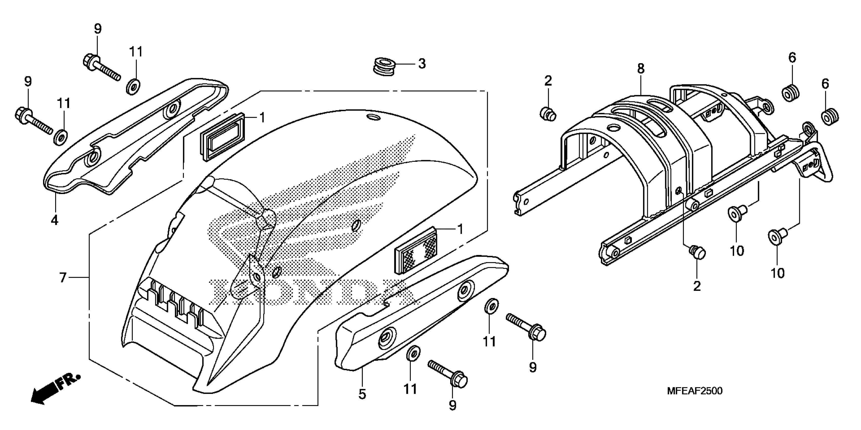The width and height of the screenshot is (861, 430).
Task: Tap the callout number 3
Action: pyautogui.click(x=422, y=63)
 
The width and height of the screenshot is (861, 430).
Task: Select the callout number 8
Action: pyautogui.click(x=641, y=69)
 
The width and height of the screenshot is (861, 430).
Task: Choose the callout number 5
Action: pyautogui.click(x=362, y=395)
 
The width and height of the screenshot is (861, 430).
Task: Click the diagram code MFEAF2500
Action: pyautogui.click(x=695, y=391)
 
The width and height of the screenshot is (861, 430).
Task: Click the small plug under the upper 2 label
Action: pyautogui.click(x=548, y=114)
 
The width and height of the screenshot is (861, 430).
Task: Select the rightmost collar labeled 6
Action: pyautogui.click(x=830, y=117)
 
